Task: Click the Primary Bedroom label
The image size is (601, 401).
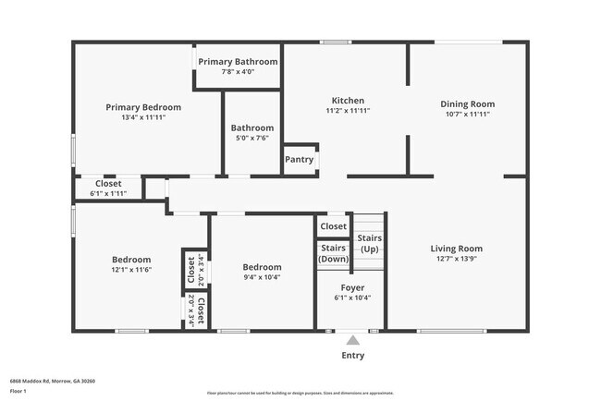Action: click(x=143, y=107)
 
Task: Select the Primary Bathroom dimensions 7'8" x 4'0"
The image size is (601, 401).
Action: click(x=238, y=71)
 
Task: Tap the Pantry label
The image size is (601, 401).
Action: click(x=300, y=160)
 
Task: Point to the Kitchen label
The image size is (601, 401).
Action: click(x=348, y=101)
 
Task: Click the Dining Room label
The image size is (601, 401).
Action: click(x=467, y=104)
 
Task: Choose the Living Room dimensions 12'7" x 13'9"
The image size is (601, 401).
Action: click(x=457, y=260)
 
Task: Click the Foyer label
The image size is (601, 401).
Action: click(x=352, y=287)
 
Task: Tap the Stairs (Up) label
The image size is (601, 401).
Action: click(x=369, y=244)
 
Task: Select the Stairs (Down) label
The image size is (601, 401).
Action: click(x=333, y=253)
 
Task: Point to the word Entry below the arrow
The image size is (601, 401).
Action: click(x=353, y=356)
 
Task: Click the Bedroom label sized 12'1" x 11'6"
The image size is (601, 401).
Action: click(x=131, y=260)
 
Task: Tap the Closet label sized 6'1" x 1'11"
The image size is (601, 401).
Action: click(x=108, y=183)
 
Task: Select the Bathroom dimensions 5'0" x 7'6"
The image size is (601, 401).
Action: click(x=251, y=139)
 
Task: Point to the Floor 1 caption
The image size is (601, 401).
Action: click(x=18, y=391)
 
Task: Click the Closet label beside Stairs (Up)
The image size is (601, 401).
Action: click(x=333, y=226)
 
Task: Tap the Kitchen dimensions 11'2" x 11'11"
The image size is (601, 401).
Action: click(x=348, y=111)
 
